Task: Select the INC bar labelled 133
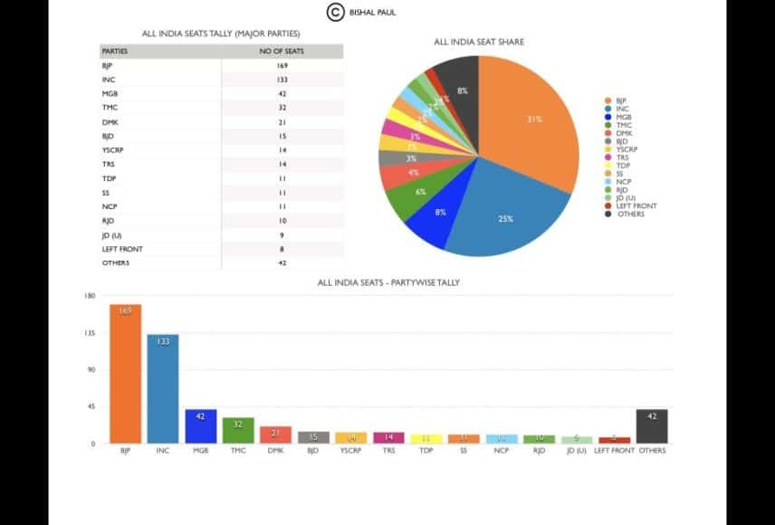coord(163,389)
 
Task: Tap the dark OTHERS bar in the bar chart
coord(652,426)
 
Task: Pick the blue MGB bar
coord(201,426)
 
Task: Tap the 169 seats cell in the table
coord(282,66)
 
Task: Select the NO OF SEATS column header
coord(282,52)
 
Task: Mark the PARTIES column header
coord(115,52)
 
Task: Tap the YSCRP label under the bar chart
coord(350,451)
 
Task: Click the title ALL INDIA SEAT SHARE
coord(479,42)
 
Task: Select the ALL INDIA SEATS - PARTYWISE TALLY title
coord(388,282)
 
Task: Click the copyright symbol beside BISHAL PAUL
coord(336,12)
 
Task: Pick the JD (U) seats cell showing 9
coord(282,234)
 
